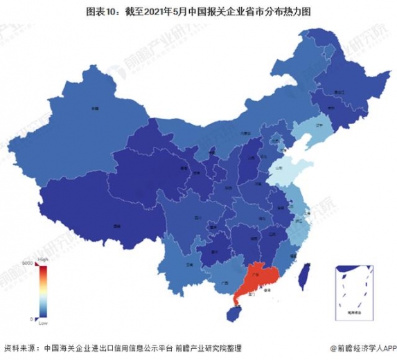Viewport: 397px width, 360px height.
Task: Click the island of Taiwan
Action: point(302,275)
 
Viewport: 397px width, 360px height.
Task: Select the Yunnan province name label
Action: point(189,264)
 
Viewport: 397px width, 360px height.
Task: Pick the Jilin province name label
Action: point(331,109)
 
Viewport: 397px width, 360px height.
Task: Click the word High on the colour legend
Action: point(42,258)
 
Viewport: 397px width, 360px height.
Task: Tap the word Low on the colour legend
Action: point(42,323)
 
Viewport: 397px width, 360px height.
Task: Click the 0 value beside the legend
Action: point(31,318)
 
